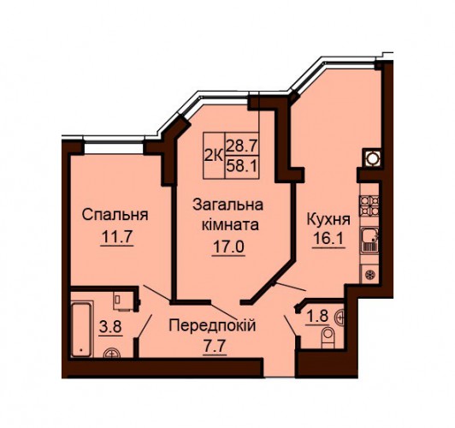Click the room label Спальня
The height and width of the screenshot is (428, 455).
coord(115,216)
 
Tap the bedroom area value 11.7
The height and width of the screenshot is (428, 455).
coord(117,238)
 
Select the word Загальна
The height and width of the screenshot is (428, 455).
coord(228,205)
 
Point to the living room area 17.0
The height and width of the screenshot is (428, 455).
coord(228,247)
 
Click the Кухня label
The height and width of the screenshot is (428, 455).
coord(328,220)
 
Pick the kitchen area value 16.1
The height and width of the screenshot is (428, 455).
coord(328,240)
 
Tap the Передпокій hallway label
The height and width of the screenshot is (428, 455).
coord(212,325)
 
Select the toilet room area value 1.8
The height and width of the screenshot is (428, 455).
coord(317,317)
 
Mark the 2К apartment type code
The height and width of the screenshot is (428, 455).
coord(214,156)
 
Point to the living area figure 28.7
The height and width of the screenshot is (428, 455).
coord(242,146)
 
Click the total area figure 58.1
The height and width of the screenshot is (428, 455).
coord(242,166)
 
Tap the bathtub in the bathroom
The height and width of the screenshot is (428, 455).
coord(81,330)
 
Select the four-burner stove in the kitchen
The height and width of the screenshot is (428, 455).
coord(369,206)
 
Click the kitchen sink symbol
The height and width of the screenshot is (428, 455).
coord(369,240)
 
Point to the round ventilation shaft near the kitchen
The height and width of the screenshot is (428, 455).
coord(372,158)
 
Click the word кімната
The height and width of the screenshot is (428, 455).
coord(230,225)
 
